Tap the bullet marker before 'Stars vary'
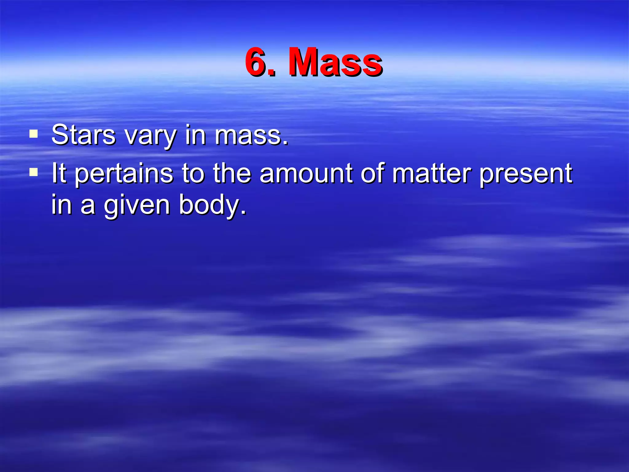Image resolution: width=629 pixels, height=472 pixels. click(33, 134)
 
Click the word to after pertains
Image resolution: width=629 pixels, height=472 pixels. click(193, 173)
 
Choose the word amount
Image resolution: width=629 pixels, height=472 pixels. click(306, 173)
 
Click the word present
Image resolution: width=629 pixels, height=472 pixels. click(525, 174)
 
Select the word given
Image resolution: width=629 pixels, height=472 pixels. click(137, 206)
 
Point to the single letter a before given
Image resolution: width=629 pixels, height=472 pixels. click(88, 206)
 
